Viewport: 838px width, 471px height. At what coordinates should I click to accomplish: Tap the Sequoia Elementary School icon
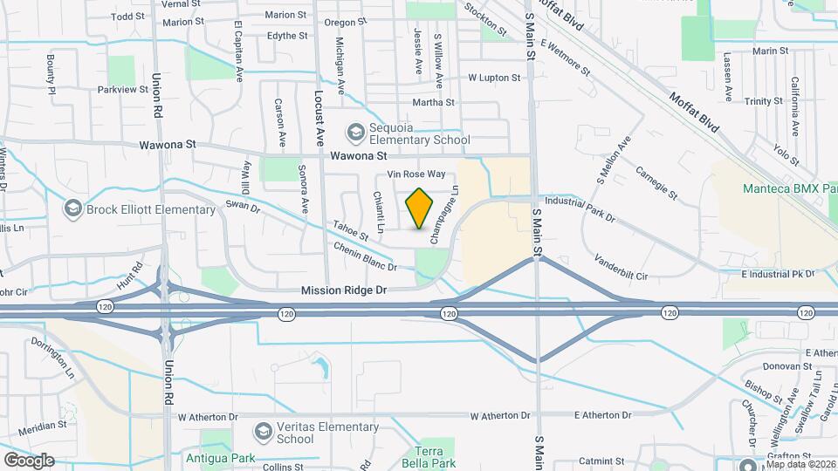point(355,133)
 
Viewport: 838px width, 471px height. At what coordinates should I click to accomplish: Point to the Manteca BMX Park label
point(789,188)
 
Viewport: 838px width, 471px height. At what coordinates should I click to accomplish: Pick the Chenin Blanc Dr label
point(366,256)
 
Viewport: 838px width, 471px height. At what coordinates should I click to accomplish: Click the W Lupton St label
point(493,78)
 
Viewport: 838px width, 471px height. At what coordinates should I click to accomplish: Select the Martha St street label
point(434,102)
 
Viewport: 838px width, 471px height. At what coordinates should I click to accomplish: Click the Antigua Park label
point(214,456)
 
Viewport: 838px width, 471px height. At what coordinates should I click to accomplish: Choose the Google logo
point(29,460)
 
